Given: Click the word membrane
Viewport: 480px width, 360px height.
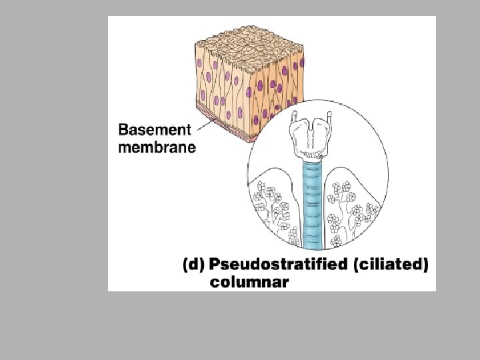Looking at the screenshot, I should point(157,147).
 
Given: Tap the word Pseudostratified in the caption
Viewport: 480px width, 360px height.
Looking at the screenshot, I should point(277,265).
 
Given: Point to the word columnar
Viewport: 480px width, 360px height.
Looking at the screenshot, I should point(249,283).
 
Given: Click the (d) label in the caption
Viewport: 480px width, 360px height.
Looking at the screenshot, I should point(193,265).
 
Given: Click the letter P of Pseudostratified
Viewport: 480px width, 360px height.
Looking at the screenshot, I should point(215,265).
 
